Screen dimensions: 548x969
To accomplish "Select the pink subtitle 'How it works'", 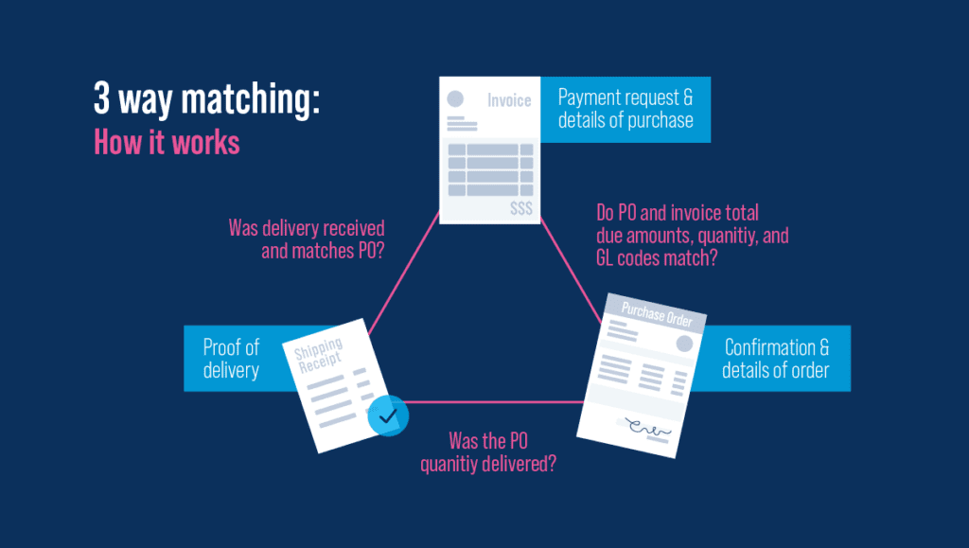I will [x=167, y=142].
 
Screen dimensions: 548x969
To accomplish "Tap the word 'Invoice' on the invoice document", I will [x=509, y=100].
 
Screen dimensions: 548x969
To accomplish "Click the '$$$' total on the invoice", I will [x=520, y=208].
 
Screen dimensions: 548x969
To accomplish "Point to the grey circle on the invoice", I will [x=455, y=98].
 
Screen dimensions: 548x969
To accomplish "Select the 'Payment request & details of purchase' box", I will [x=625, y=109].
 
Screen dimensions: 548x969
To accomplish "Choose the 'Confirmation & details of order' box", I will [x=775, y=358].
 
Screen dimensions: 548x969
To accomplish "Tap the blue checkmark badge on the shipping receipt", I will [x=386, y=414].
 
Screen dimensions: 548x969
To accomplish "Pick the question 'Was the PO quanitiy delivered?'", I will [x=488, y=451].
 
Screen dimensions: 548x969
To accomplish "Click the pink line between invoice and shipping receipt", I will [x=405, y=274].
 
